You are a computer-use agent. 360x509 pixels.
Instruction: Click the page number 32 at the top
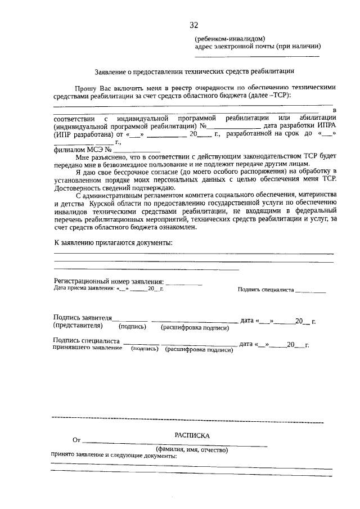click(194, 25)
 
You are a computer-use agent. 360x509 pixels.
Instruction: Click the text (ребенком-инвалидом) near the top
click(226, 38)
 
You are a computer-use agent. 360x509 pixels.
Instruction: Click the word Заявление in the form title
click(111, 72)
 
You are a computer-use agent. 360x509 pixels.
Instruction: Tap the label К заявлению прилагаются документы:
click(113, 242)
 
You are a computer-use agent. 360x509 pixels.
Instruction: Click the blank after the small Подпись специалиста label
click(310, 291)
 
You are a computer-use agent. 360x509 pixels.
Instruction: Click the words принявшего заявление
click(87, 348)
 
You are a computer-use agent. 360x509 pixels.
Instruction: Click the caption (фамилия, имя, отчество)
click(192, 450)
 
